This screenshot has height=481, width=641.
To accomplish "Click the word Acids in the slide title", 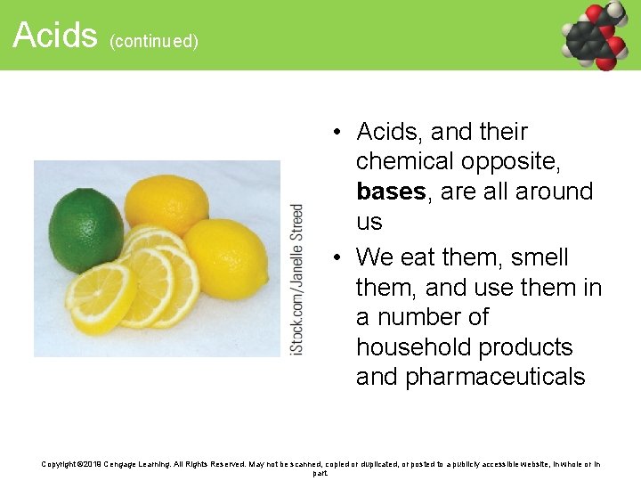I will [x=54, y=36].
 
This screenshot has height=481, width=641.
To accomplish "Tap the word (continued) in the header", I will [x=154, y=41].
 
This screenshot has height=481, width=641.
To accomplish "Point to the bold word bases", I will [x=389, y=192].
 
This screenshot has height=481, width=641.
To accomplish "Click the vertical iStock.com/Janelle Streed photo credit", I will [x=297, y=281].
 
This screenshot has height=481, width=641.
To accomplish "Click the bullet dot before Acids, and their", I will [x=339, y=133].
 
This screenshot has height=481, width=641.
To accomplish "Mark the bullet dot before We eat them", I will [x=339, y=258].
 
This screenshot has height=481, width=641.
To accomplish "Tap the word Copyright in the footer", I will [x=62, y=464].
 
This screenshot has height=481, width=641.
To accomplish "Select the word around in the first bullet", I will [x=551, y=192].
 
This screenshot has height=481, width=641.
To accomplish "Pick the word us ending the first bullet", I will [x=369, y=222].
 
